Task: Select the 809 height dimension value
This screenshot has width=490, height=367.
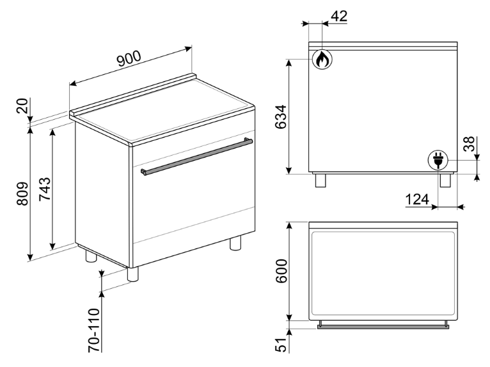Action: [x=22, y=192]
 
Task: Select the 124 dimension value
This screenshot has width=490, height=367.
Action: [x=416, y=200]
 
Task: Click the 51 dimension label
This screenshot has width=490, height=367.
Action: [x=279, y=346]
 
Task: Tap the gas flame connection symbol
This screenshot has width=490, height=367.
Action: [x=322, y=60]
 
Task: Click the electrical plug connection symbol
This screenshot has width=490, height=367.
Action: [x=438, y=159]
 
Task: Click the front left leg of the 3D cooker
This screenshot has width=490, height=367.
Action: [x=132, y=273]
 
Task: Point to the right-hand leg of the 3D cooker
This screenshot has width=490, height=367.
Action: [x=235, y=243]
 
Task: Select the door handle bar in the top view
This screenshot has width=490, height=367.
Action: [x=383, y=326]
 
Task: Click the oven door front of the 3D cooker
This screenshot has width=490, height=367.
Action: [x=192, y=205]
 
